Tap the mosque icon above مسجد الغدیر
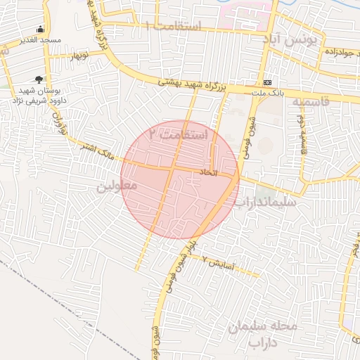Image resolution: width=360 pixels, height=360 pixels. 40,30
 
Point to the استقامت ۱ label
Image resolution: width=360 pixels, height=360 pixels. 173,26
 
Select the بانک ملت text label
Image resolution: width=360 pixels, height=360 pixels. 266,92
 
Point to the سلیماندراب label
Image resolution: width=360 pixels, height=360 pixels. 266,202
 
